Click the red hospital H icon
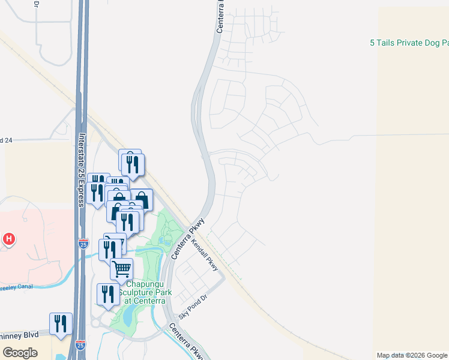pos(8,239)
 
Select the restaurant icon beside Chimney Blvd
pos(61,324)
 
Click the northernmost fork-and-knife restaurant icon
pos(133,164)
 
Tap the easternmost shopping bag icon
pos(141,200)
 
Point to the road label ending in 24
pos(6,140)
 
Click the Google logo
pos(20,352)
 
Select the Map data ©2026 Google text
pos(412,355)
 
